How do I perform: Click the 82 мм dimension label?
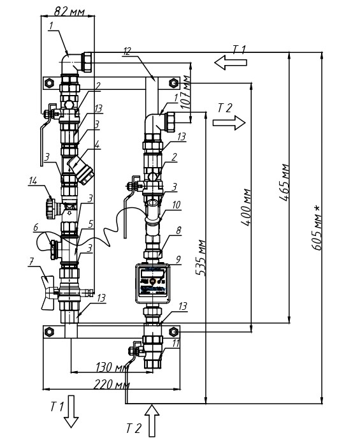69,11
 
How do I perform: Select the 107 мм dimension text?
185,92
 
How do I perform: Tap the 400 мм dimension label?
247,207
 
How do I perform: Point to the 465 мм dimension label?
285,182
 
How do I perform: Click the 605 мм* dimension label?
317,228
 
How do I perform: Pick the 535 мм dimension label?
201,258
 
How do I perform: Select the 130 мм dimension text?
112,367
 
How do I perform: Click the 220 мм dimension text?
112,385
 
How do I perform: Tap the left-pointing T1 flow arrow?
231,62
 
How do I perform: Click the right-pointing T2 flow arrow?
229,122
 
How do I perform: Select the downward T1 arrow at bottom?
71,411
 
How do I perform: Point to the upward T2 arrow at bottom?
152,420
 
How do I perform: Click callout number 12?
127,51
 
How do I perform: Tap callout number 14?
33,180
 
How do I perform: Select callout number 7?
32,261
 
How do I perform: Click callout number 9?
178,260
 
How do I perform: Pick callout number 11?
176,344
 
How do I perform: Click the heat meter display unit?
152,283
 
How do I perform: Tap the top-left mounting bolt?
49,83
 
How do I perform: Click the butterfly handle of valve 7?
47,292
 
